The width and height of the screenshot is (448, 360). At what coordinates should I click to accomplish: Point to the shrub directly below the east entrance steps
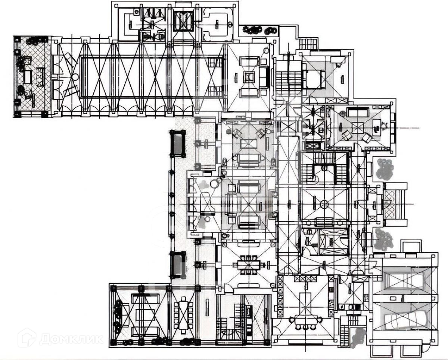click(x=385, y=239)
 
